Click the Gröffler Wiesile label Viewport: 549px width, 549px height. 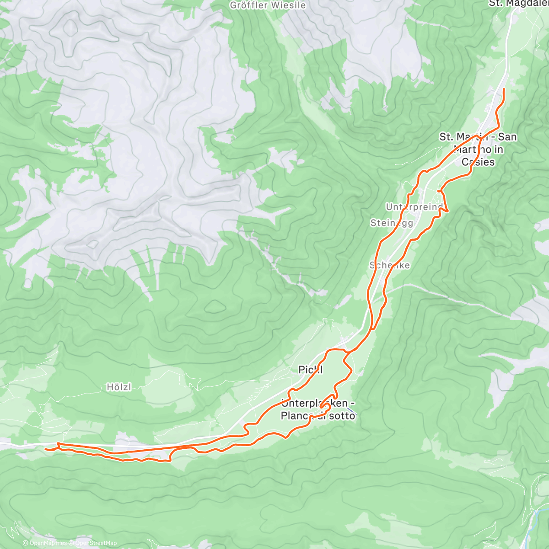point(268,5)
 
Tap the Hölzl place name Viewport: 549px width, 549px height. point(119,387)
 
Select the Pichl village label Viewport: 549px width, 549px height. point(311,369)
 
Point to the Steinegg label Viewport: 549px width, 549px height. point(392,223)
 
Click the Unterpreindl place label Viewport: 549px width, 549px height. point(414,207)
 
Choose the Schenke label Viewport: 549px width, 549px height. point(390,265)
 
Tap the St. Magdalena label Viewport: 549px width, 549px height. point(519,4)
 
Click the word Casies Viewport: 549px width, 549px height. point(478,161)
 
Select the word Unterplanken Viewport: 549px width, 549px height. point(314,404)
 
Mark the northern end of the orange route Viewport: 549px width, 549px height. point(504,89)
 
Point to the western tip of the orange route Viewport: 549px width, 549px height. point(46,449)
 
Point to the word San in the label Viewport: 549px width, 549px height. point(507,136)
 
